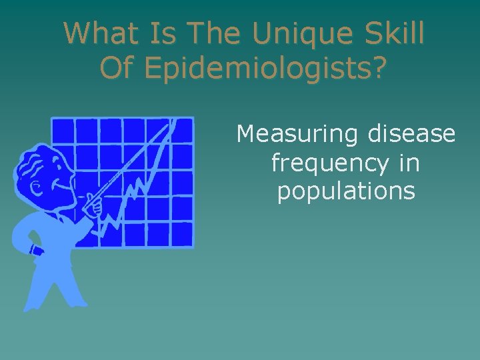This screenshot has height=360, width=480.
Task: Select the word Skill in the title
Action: pos(391,33)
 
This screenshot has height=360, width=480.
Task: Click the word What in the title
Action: pos(97,33)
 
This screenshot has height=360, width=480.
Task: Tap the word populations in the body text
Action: pos(346,192)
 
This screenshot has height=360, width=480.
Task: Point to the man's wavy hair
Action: pos(31,160)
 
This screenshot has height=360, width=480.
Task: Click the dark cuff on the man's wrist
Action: pos(37,251)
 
